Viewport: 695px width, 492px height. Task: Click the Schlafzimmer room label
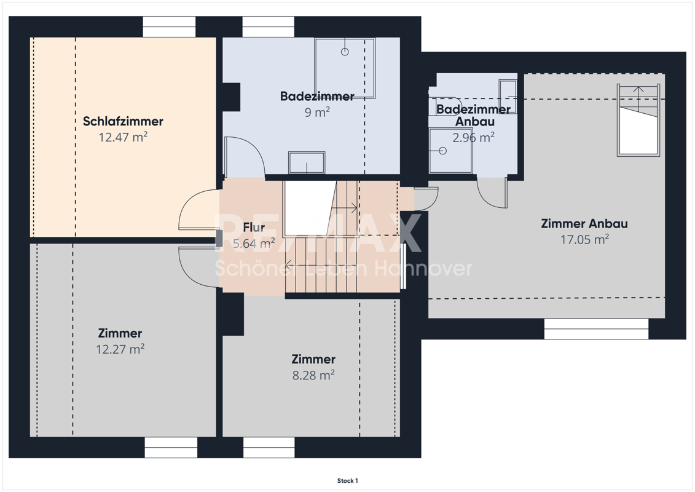click(123, 121)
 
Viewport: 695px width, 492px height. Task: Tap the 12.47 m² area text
click(123, 137)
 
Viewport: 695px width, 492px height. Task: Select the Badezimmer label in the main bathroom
click(317, 97)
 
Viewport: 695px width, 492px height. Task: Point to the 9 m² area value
click(317, 113)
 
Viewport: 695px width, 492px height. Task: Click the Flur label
click(254, 227)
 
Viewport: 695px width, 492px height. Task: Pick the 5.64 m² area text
click(254, 243)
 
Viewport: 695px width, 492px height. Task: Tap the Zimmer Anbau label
click(584, 224)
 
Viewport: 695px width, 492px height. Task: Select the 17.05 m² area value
click(584, 240)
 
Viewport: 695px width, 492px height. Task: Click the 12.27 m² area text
click(120, 349)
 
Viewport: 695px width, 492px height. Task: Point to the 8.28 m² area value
click(313, 375)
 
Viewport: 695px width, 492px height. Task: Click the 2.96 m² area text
click(473, 138)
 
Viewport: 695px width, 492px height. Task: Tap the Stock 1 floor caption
click(348, 480)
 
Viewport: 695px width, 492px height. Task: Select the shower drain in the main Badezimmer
click(345, 52)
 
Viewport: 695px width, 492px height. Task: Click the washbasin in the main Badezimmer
click(307, 162)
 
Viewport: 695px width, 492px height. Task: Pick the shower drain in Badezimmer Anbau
click(442, 151)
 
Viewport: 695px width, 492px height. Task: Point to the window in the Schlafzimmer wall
click(169, 27)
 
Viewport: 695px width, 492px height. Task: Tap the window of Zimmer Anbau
click(596, 329)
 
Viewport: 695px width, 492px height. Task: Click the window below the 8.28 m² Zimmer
click(269, 447)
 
